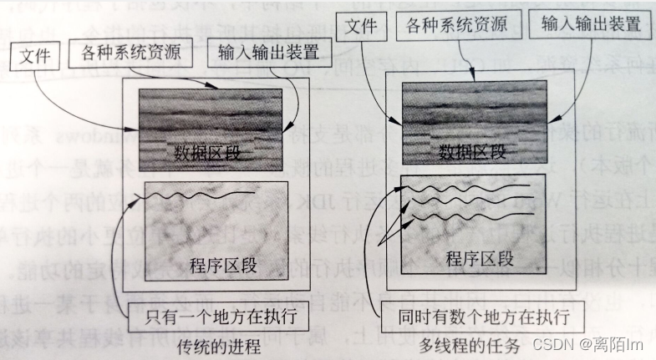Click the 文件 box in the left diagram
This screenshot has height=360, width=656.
click(34, 59)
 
